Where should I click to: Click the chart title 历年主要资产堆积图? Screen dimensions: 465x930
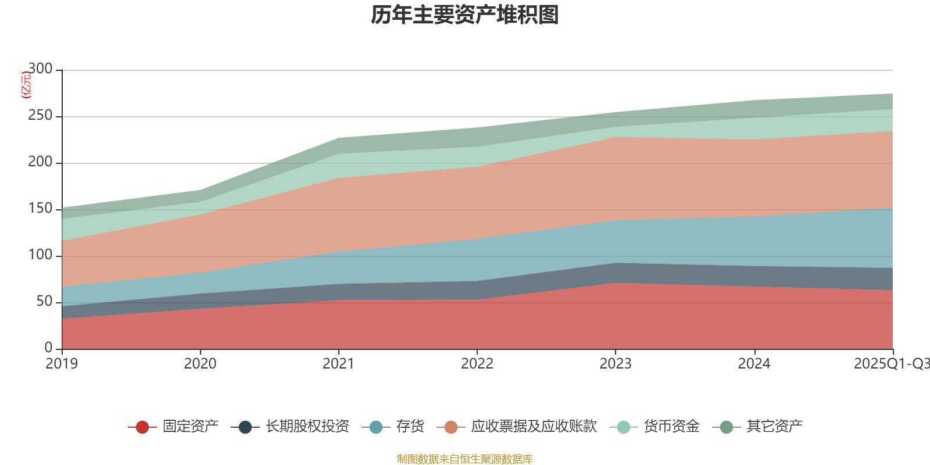[x=465, y=15]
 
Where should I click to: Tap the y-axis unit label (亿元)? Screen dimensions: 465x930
[x=26, y=85]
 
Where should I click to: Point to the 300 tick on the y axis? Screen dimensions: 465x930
[x=40, y=69]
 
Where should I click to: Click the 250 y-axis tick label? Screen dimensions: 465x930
[x=40, y=116]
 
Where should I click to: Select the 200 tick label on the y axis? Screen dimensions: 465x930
[x=40, y=162]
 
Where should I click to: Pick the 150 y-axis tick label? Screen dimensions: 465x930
[x=40, y=209]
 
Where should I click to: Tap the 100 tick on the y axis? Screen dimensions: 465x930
[x=40, y=255]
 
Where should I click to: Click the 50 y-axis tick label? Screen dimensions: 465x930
[x=44, y=302]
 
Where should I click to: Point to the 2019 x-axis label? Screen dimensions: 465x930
[x=62, y=364]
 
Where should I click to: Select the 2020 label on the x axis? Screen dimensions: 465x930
[x=200, y=364]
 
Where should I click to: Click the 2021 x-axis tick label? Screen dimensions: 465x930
[x=338, y=364]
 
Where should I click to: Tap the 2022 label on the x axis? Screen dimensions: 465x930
[x=477, y=364]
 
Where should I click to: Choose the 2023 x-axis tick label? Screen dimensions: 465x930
[x=616, y=364]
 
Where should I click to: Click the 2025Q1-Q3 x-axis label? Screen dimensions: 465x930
[x=890, y=364]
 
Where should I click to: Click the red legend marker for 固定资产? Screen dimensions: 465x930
[x=142, y=427]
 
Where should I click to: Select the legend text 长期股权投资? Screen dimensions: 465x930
[x=307, y=427]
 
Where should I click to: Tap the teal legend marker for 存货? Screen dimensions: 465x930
[x=376, y=427]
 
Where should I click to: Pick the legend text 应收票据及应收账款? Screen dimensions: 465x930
[x=534, y=427]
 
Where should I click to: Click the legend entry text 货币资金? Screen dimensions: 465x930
[x=671, y=427]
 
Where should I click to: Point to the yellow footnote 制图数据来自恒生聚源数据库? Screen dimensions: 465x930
[x=465, y=459]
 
